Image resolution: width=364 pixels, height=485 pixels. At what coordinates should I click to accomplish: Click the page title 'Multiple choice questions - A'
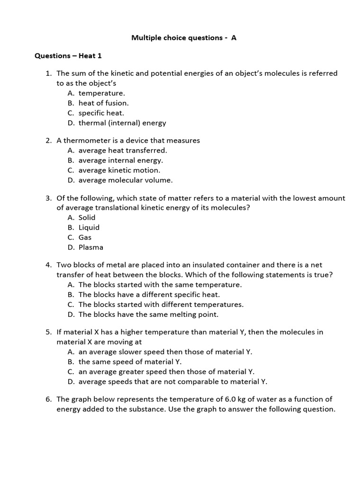click(x=183, y=38)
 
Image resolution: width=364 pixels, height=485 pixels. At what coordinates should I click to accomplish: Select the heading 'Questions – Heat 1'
click(x=68, y=56)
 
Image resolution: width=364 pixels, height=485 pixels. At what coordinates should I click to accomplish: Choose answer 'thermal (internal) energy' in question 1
click(x=122, y=123)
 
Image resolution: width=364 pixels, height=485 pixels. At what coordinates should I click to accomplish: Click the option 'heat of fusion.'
click(x=103, y=103)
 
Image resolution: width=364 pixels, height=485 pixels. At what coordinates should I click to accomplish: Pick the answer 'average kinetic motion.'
click(x=119, y=171)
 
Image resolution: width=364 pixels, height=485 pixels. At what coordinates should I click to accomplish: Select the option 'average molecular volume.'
click(x=126, y=180)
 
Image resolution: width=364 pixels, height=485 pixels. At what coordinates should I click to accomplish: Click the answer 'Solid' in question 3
click(x=87, y=218)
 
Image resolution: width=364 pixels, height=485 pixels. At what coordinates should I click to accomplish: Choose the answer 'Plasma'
click(x=91, y=248)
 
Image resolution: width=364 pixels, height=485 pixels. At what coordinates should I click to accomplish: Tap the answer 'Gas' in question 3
click(x=85, y=238)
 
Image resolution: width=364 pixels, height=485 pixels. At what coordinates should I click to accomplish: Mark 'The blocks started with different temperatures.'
click(x=161, y=305)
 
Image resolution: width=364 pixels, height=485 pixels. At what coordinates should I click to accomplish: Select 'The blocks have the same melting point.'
click(x=148, y=314)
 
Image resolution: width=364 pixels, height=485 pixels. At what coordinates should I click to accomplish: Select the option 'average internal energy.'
click(x=120, y=161)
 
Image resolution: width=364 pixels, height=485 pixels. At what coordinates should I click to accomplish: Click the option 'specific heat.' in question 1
click(x=101, y=113)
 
